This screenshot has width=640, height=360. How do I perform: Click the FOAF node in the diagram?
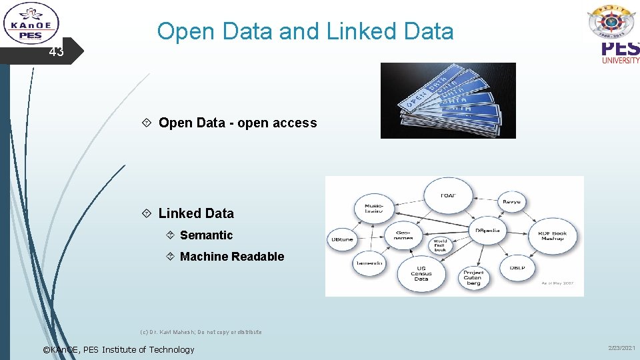tap(448, 195)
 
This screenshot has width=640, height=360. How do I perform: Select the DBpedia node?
tap(487, 231)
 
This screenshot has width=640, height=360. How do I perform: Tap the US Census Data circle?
tap(421, 273)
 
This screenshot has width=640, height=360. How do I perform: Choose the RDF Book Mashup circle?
tap(552, 236)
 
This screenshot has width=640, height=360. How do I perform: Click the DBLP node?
tap(518, 267)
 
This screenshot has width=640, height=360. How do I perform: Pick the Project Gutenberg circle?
tap(473, 277)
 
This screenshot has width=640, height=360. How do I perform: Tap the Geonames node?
tap(403, 235)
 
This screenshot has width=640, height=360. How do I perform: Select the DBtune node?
tap(342, 239)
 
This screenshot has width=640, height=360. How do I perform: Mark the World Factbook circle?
tap(440, 245)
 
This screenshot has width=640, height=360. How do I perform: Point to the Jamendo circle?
tap(368, 263)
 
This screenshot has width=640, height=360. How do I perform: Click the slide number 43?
tap(56, 52)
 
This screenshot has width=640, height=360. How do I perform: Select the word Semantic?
tap(206, 235)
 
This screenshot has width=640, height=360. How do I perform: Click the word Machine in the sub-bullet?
tap(201, 257)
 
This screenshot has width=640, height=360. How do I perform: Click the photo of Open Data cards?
tap(448, 101)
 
